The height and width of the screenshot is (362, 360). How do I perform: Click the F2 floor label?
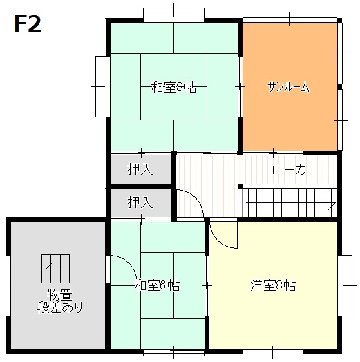click(28, 24)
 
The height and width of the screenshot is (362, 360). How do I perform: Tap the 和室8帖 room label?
click(173, 87)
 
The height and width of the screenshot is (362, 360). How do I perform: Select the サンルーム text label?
click(288, 87)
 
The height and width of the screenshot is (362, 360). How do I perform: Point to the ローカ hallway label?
click(289, 170)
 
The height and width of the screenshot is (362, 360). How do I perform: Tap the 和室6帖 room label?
click(157, 285)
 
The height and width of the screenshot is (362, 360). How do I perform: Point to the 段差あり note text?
click(59, 307)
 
